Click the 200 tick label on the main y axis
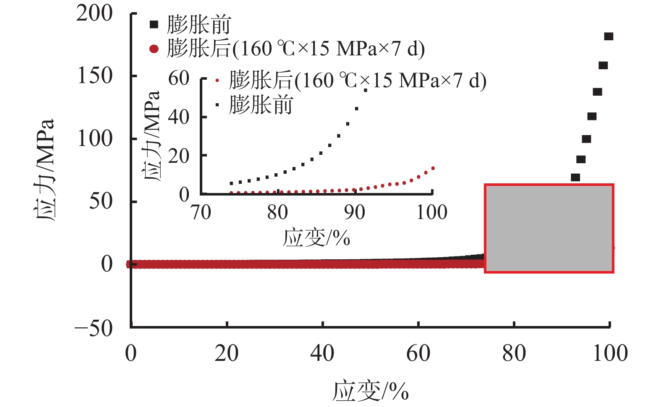point(94,13)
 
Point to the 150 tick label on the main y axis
point(95,76)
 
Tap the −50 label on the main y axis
point(94,328)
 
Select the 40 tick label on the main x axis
point(322,353)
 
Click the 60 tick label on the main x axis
point(418,353)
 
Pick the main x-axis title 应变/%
point(371,391)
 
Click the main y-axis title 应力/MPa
point(44,170)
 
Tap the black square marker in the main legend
point(154,24)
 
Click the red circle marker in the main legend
point(154,49)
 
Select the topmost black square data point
point(609,37)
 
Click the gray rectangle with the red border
point(549,228)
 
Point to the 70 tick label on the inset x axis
point(201,213)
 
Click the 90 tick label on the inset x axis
point(355,213)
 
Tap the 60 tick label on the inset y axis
point(179,78)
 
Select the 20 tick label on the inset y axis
point(179,156)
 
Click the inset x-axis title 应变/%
point(316,238)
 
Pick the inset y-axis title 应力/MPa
point(152,135)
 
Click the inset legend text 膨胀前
point(261,105)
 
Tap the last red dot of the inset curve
point(433,168)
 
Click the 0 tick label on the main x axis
point(131,353)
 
